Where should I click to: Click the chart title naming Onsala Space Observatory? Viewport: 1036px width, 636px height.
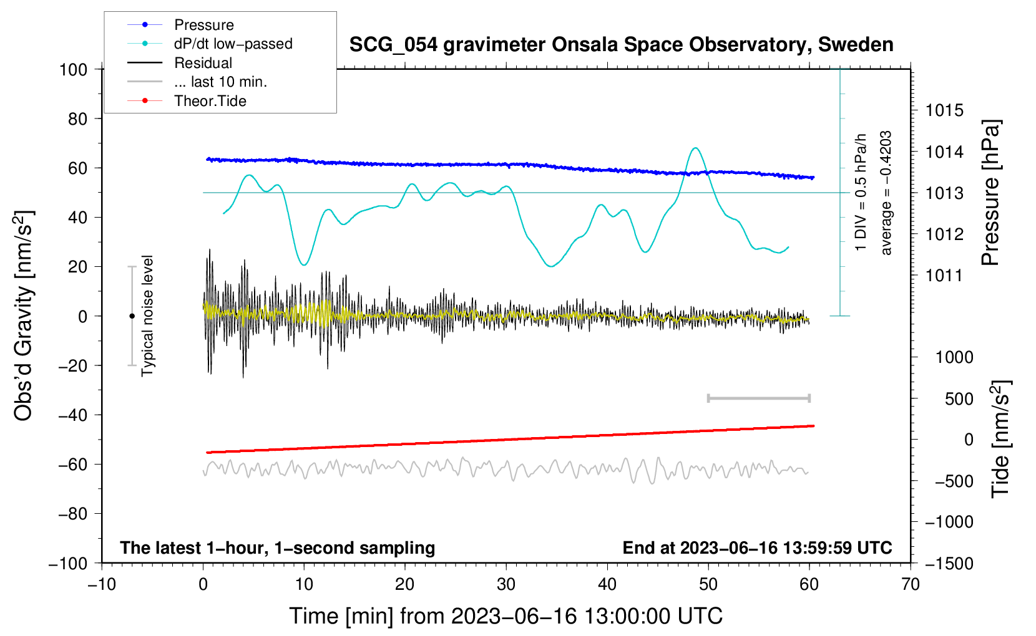pos(621,45)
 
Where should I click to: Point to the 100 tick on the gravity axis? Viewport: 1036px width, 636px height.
pos(74,70)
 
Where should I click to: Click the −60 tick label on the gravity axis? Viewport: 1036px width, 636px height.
pos(72,464)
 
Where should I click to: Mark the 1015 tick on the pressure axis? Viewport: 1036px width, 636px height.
pos(944,110)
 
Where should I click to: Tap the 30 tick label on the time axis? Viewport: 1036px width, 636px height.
pos(506,585)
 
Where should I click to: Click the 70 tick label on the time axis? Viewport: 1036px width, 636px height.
pos(910,585)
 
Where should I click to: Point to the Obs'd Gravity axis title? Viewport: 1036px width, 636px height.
pos(24,316)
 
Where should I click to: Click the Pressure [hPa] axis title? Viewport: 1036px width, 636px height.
pos(990,193)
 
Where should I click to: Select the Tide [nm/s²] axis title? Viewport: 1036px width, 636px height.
pos(1001,439)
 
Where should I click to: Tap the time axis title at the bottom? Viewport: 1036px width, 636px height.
pos(506,616)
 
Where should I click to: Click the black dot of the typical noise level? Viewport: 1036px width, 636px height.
pos(132,316)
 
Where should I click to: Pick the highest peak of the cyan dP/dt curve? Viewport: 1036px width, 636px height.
pos(695,148)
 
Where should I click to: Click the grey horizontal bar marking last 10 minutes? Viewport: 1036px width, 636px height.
pos(758,398)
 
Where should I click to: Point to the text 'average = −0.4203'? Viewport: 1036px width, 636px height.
pos(886,193)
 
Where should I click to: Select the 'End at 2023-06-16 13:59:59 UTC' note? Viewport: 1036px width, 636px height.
pos(757,547)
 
